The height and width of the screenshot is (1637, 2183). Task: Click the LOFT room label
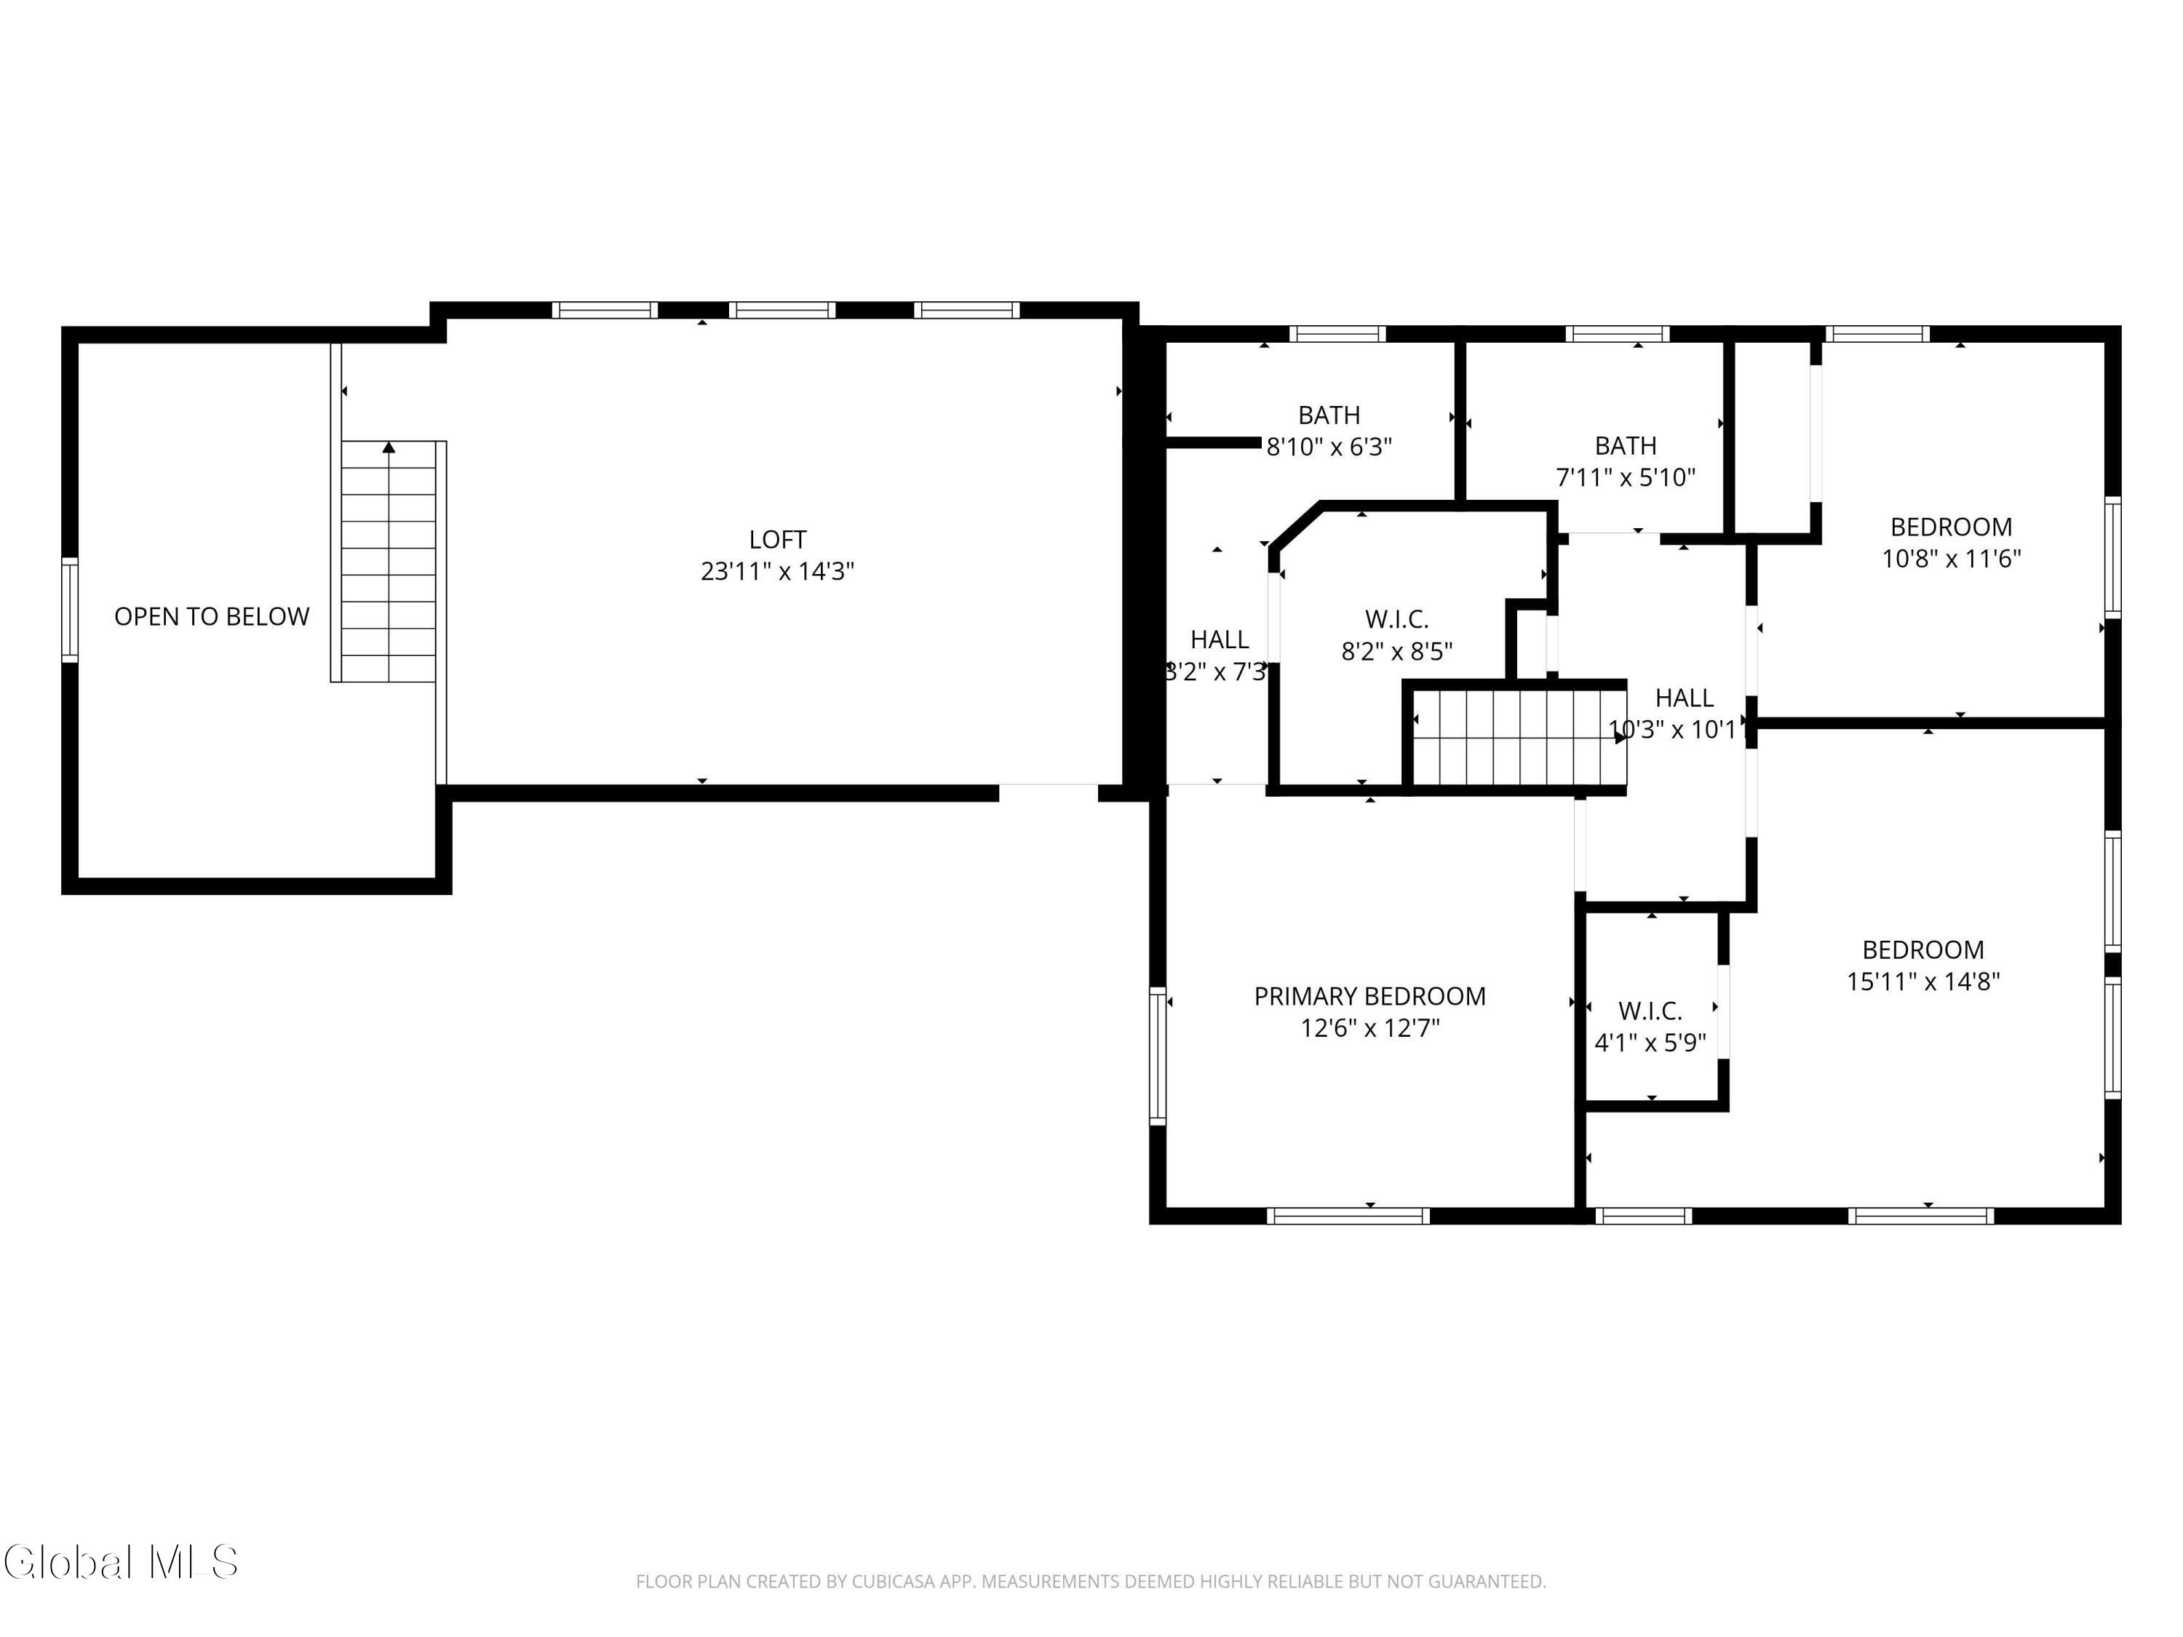pos(778,540)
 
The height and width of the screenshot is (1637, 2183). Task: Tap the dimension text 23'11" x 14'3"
pos(778,571)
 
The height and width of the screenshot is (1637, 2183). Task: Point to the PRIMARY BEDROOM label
pos(1369,997)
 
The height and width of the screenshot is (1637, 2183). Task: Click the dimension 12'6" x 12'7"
pos(1369,1028)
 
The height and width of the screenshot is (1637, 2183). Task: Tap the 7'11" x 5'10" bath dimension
pos(1626,477)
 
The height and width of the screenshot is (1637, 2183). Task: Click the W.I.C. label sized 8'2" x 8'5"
pos(1396,620)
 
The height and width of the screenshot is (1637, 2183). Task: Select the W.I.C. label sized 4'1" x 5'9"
pos(1650,1011)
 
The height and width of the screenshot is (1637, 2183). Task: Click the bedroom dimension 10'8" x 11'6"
pos(1951,559)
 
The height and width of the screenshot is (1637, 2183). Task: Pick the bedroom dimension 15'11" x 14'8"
pos(1923,981)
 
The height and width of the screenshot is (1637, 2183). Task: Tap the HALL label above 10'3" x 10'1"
pos(1684,698)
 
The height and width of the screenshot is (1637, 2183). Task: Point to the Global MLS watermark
pos(120,1562)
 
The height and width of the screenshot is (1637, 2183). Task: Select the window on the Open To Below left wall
pos(70,609)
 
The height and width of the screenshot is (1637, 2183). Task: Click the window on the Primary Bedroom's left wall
pos(1158,1055)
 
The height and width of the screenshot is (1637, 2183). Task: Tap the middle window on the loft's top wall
pos(782,310)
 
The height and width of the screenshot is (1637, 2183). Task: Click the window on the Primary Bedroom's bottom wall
pos(1348,1216)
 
